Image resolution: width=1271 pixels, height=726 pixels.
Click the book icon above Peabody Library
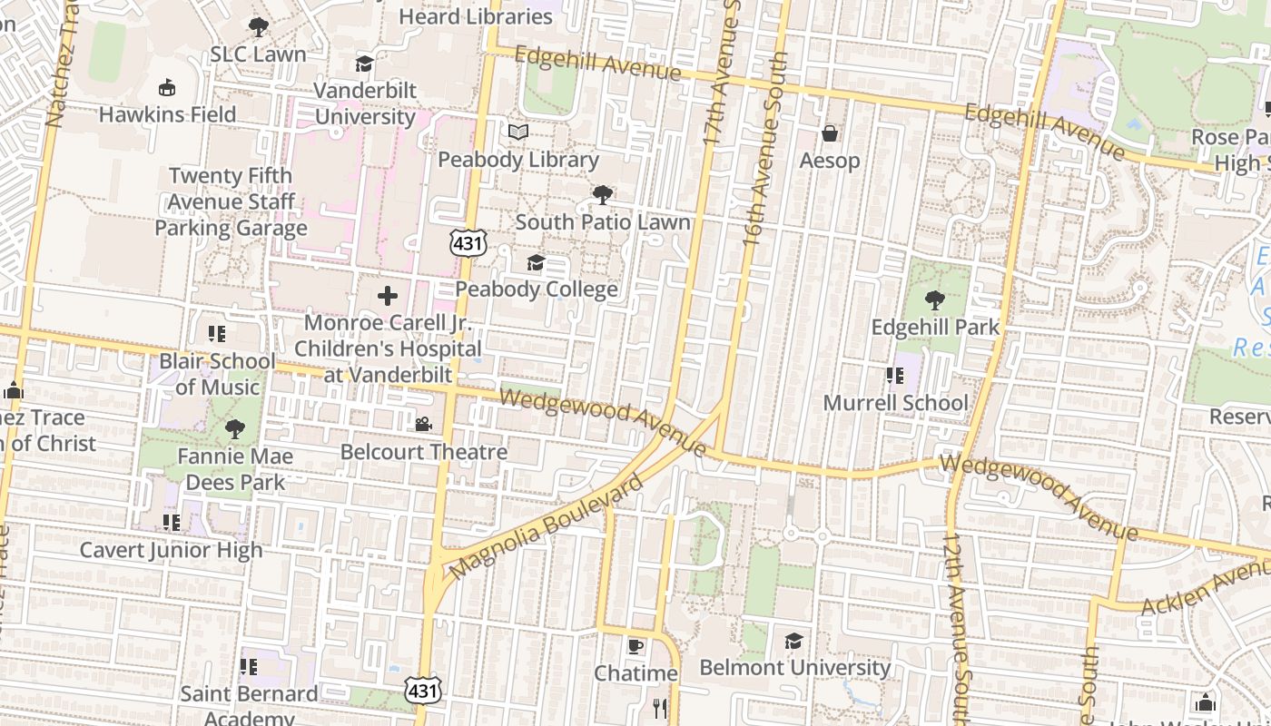tap(518, 132)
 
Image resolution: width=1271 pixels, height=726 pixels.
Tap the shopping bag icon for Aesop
tap(829, 134)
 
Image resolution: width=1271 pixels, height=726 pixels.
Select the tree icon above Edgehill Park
tap(934, 300)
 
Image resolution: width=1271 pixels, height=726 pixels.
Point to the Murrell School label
tap(895, 403)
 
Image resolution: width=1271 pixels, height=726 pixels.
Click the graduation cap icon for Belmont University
tap(794, 641)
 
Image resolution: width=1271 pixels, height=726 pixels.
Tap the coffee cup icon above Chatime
tap(635, 646)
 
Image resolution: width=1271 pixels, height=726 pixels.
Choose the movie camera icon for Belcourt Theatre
tap(423, 424)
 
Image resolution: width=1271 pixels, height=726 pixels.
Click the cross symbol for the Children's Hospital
tap(388, 296)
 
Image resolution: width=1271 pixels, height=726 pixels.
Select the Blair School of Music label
tap(217, 374)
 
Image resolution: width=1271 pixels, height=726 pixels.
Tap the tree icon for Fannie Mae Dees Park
tap(235, 428)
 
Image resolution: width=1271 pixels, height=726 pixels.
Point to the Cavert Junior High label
tap(171, 550)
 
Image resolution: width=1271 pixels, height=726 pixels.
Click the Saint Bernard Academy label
tap(249, 705)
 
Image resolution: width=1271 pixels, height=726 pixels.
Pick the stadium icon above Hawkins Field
tap(166, 88)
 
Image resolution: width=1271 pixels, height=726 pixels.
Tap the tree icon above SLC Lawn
tap(259, 27)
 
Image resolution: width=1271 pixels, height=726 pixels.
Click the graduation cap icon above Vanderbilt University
tap(364, 64)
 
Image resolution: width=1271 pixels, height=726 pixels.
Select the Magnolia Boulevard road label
tap(547, 527)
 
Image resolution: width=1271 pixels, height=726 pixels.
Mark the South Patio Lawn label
tap(603, 222)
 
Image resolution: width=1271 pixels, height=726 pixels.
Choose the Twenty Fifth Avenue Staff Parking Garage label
tap(231, 201)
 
